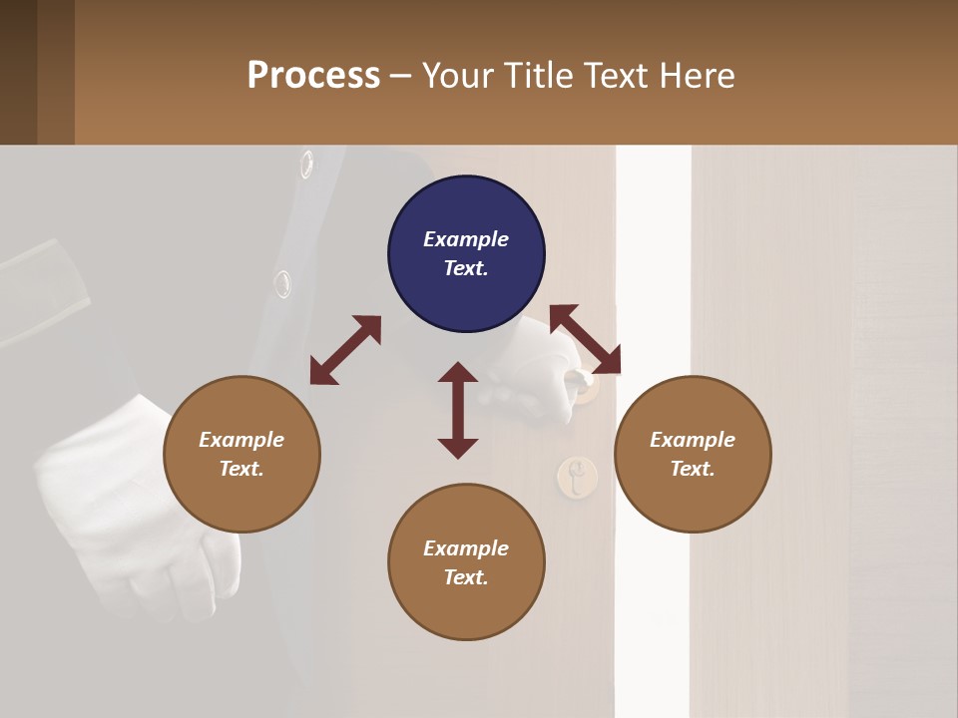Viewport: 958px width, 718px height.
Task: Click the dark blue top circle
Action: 466,254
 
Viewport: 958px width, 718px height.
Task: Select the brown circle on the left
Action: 241,454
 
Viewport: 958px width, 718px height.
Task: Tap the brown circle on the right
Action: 693,454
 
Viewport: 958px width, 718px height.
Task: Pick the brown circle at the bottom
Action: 466,562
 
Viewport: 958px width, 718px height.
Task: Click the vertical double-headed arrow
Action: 458,410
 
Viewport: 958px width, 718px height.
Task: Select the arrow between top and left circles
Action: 345,350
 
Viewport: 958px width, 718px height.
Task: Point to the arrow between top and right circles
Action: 585,339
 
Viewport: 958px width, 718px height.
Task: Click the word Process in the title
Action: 313,75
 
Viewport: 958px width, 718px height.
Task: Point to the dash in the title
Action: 401,76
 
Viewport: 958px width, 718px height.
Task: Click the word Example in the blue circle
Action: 466,239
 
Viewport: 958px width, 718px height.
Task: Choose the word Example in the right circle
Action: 693,440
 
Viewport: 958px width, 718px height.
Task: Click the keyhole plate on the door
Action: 576,477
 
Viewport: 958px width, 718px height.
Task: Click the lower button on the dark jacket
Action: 283,284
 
